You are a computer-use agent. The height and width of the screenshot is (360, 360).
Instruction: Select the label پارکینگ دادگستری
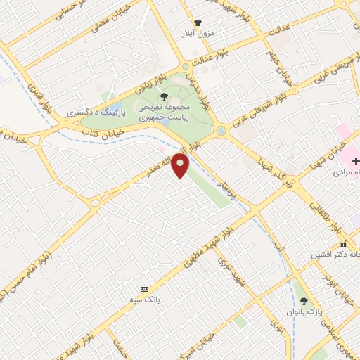tap(95, 112)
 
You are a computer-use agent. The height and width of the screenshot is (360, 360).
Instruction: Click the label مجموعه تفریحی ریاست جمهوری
tap(164, 113)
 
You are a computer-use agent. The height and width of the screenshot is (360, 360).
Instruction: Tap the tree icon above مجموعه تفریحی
tap(164, 97)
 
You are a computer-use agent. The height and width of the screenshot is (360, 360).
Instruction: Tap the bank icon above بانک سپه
tap(145, 289)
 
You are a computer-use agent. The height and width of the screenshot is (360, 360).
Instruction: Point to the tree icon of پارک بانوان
tap(304, 300)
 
